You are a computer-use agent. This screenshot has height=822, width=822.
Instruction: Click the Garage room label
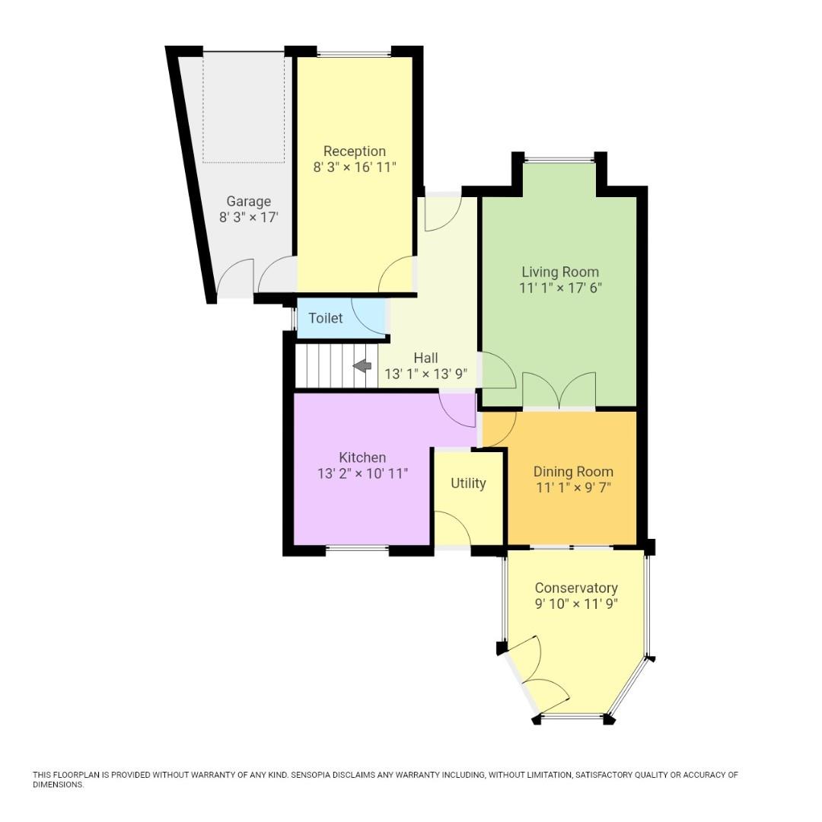[x=248, y=202]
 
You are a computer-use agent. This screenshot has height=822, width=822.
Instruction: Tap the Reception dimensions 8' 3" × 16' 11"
[x=355, y=167]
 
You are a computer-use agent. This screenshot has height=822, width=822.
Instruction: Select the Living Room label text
[x=559, y=272]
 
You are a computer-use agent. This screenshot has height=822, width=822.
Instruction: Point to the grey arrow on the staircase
[x=362, y=366]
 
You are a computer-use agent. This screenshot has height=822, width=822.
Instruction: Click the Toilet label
[x=325, y=318]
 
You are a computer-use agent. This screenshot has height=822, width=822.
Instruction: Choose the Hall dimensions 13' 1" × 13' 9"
[x=425, y=374]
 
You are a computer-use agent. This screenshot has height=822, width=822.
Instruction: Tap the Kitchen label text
[x=362, y=457]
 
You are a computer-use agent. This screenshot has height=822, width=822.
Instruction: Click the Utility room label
[x=467, y=483]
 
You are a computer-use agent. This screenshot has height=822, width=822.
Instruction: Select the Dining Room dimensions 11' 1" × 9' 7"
[x=572, y=488]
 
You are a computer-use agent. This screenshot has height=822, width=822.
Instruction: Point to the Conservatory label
[x=575, y=588]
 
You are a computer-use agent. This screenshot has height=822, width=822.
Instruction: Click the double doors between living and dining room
[x=559, y=391]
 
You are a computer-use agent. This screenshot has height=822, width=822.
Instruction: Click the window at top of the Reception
[x=354, y=53]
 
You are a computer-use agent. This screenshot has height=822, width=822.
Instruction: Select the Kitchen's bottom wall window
[x=357, y=548]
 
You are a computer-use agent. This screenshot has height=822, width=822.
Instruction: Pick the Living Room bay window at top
[x=559, y=159]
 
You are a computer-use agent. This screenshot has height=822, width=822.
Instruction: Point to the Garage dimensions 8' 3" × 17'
[x=248, y=218]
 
